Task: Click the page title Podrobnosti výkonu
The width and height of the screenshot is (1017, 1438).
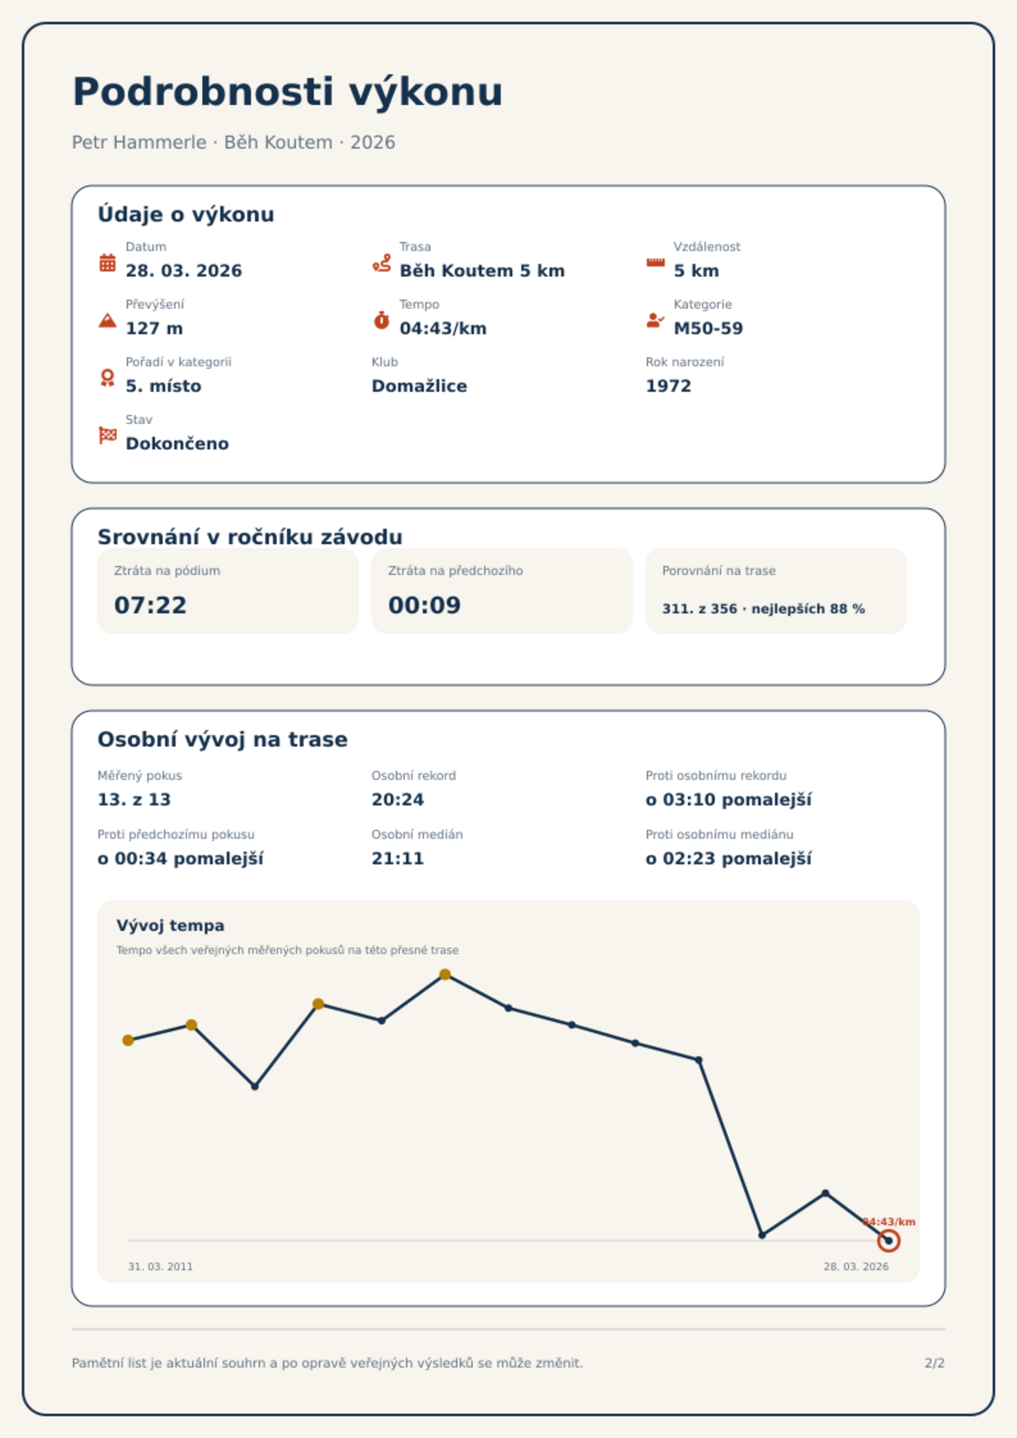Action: [288, 92]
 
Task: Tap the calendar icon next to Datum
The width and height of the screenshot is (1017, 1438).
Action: [108, 263]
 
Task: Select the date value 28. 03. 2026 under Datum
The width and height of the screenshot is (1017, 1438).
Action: [184, 271]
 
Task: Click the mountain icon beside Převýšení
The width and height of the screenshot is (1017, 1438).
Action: [108, 320]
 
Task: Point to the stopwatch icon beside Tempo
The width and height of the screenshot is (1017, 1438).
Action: [382, 320]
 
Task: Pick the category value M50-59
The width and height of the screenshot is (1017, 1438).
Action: [708, 328]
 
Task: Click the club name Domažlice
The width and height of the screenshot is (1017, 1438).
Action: [419, 386]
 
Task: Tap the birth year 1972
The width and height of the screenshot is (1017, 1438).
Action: [669, 386]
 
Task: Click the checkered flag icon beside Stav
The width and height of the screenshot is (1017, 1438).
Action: [108, 435]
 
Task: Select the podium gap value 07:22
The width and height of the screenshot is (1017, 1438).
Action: [151, 605]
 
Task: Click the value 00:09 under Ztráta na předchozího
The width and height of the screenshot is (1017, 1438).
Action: [425, 605]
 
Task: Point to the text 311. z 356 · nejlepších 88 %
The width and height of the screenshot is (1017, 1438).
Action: [763, 609]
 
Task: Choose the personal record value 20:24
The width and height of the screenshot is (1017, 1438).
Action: [398, 800]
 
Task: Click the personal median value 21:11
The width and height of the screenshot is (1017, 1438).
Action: [398, 859]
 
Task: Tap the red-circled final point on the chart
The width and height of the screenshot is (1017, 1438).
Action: [888, 1241]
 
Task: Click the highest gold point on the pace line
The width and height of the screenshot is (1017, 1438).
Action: [445, 975]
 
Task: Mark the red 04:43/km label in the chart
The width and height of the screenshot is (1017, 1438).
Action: [889, 1222]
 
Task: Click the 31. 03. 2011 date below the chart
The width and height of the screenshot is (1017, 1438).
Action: [160, 1266]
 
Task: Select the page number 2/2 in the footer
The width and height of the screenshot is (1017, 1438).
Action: [934, 1363]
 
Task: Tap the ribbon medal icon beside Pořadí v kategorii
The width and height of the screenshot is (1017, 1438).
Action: [108, 378]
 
